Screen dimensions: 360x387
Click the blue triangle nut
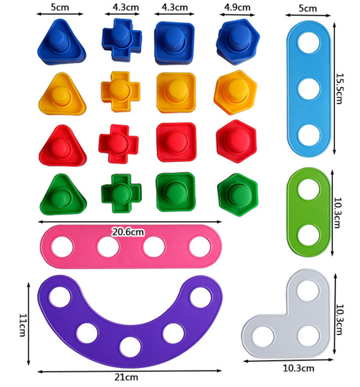coord(61,42)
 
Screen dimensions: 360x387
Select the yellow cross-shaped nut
coord(120,92)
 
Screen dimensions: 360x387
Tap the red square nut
coord(176,142)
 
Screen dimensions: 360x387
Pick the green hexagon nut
coord(238,195)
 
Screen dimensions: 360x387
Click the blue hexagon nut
coord(238,42)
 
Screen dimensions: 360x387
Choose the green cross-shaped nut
coord(121,193)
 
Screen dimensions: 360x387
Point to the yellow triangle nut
coord(62,94)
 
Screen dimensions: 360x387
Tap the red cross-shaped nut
coord(119,144)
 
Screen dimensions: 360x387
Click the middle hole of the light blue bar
coord(308,89)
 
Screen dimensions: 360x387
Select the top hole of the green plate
coord(308,190)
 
